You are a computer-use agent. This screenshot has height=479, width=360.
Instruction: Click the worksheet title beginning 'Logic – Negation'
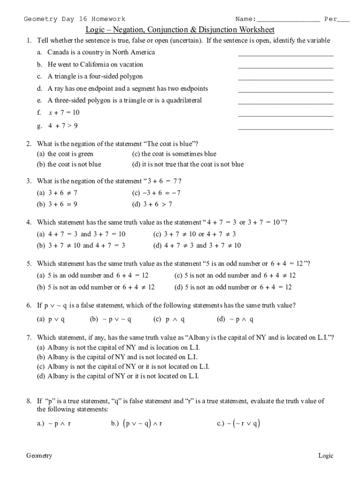point(180,30)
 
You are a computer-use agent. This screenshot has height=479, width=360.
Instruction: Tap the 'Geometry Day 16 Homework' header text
point(75,19)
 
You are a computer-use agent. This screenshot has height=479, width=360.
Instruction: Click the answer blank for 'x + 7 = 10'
point(286,115)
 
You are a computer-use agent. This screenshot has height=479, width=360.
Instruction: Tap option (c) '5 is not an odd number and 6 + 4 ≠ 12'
point(235,276)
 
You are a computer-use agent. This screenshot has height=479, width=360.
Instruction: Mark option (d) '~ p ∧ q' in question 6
point(235,319)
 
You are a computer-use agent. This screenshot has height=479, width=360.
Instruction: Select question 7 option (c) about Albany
point(123,366)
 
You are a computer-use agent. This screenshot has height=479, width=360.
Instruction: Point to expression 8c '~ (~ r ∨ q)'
point(238,424)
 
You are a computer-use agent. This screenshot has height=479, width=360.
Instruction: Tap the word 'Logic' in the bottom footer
point(326,456)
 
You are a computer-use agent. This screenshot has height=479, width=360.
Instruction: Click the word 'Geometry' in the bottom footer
point(39,456)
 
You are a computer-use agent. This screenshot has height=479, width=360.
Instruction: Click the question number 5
point(29,263)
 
